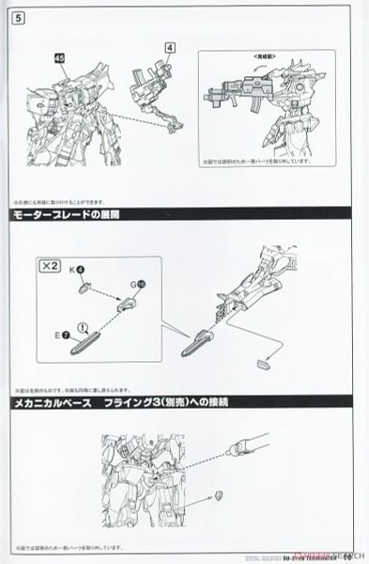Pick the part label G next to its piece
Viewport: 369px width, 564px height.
coord(133,283)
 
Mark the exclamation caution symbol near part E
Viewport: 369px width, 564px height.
coord(82,328)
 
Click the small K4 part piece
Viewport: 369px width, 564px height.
coord(87,289)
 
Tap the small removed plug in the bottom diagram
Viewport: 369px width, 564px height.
coord(219,493)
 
